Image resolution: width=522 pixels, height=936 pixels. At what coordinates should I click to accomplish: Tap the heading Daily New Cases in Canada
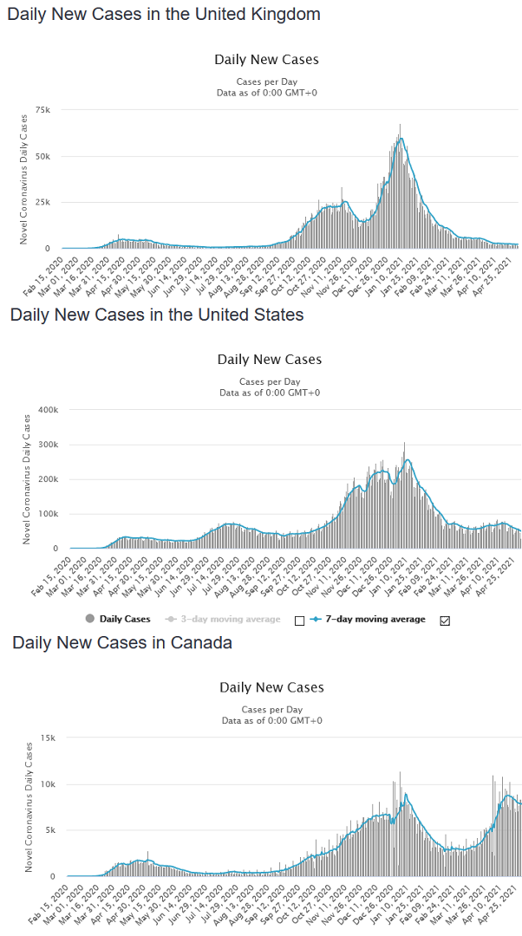coord(121,642)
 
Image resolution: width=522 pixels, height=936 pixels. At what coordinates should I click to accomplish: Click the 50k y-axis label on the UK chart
coord(42,157)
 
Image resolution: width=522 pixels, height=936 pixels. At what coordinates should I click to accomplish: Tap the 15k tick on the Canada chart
coord(46,738)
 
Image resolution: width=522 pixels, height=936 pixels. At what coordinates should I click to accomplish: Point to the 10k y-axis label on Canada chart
coord(46,784)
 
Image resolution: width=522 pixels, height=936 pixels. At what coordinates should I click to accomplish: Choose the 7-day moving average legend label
coord(387,620)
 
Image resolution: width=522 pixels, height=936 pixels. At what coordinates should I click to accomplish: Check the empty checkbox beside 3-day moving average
coord(300,621)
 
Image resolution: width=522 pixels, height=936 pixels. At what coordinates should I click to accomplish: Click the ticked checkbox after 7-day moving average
coord(445,621)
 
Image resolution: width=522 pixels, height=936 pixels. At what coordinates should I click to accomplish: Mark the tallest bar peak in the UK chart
coord(400,126)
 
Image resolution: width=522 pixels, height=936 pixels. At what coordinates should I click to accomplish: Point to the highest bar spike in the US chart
coord(404,444)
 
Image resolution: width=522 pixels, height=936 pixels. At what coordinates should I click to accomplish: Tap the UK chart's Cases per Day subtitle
coord(266,81)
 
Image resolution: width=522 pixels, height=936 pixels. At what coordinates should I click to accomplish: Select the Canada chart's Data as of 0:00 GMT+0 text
coord(271,720)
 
